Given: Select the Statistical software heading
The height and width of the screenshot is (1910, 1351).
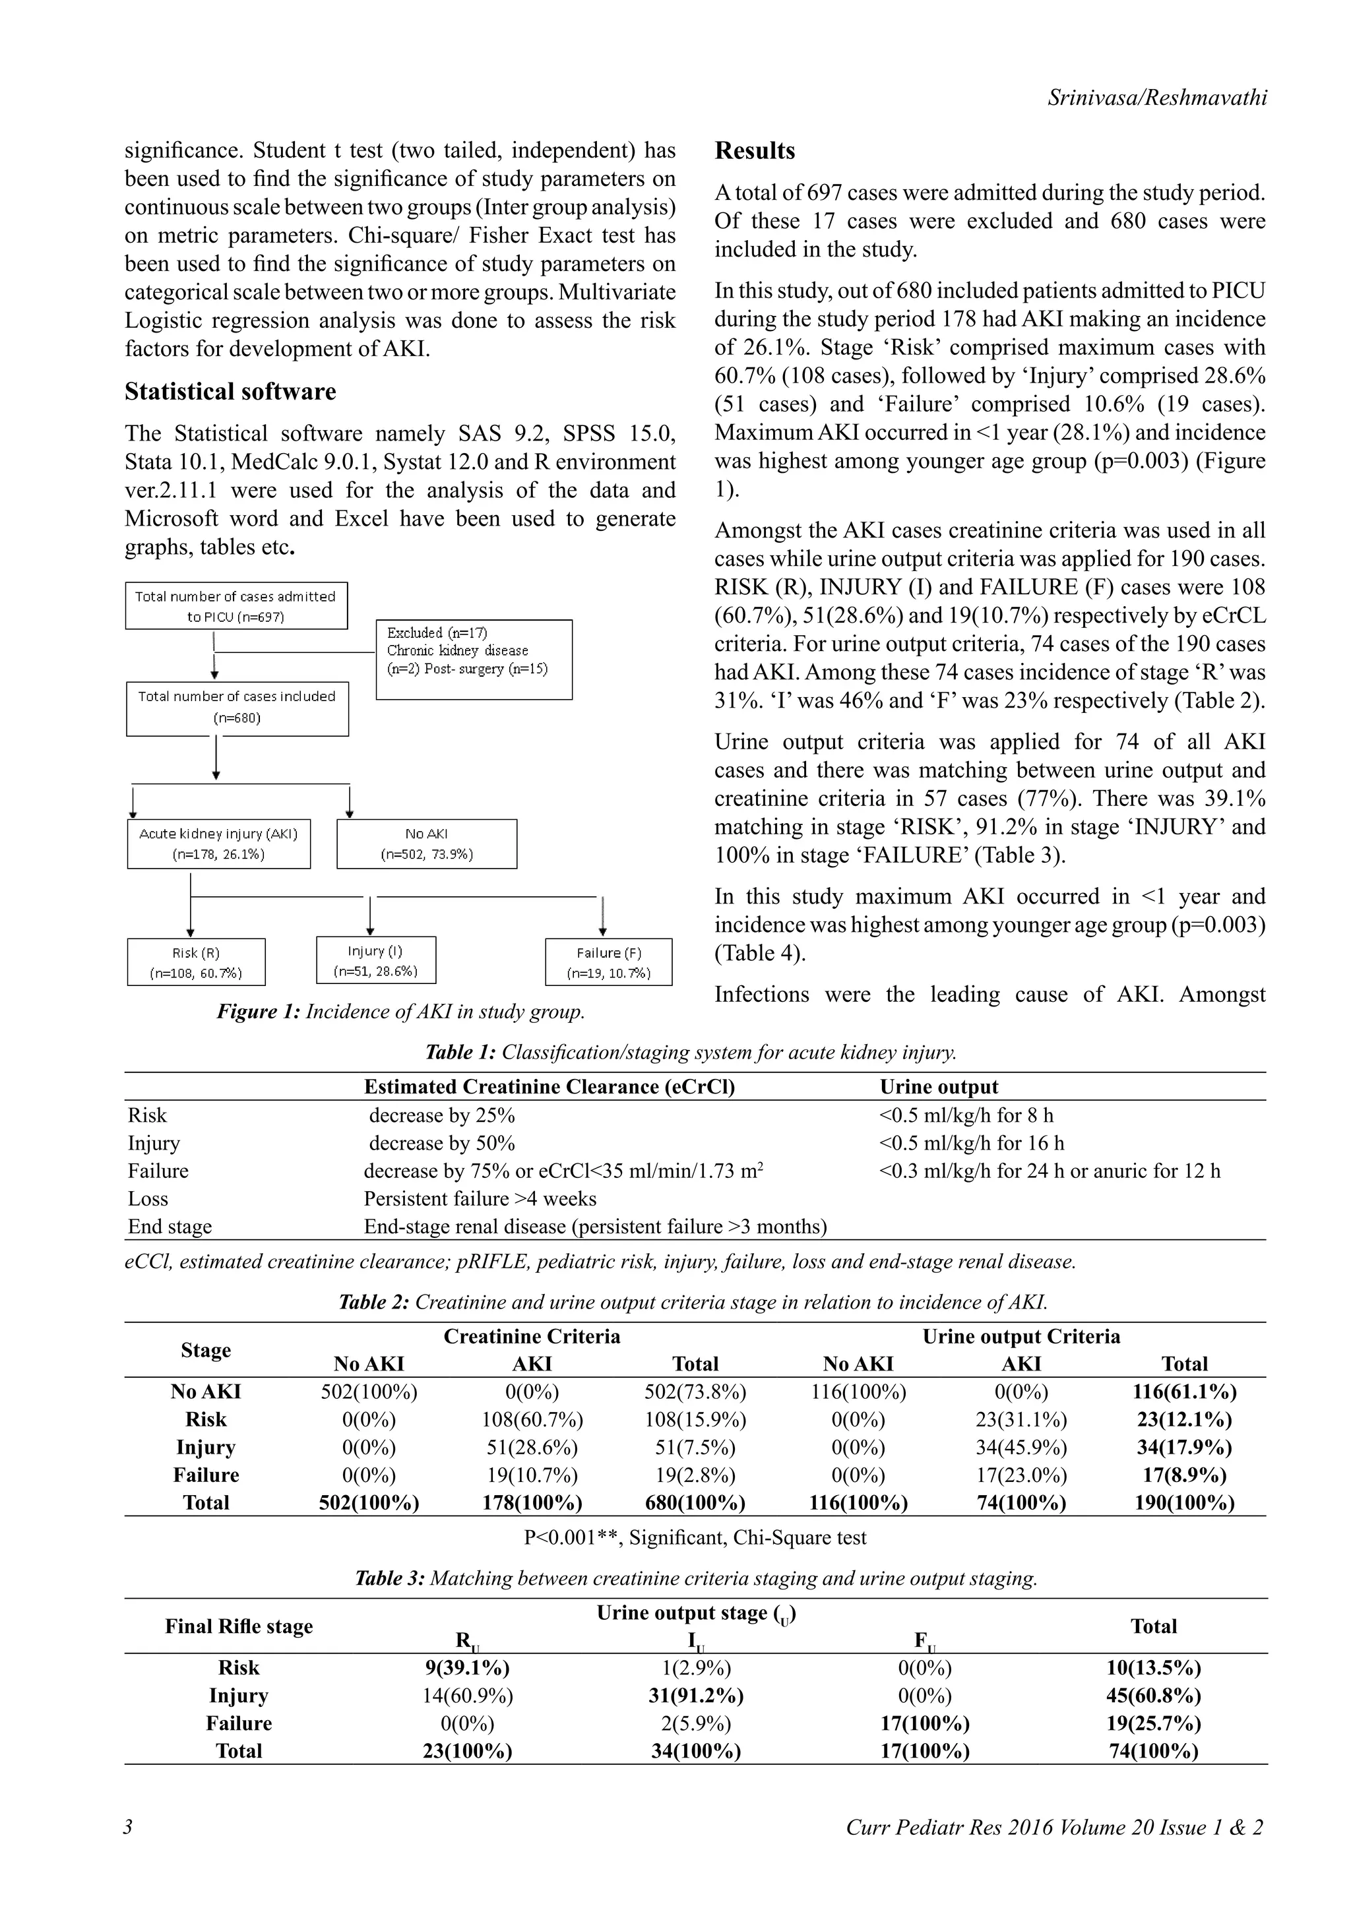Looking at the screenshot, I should point(230,391).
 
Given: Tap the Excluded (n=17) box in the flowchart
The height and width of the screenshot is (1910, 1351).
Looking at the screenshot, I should point(474,658).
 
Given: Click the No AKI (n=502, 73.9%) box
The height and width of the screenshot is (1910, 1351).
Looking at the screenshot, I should point(426,844).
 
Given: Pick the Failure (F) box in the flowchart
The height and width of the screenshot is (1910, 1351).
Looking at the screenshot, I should point(608,962).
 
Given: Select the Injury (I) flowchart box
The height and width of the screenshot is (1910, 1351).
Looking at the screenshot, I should point(375,960).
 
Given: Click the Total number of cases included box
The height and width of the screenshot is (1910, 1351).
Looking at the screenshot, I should point(237,707).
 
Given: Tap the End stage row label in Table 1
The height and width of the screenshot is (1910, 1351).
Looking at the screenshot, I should point(170,1226).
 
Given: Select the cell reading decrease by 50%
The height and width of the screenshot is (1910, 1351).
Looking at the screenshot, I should point(442,1143).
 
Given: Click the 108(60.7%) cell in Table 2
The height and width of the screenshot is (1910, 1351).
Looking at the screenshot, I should point(532,1419).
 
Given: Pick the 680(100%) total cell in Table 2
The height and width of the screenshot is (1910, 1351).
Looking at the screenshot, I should point(695,1502).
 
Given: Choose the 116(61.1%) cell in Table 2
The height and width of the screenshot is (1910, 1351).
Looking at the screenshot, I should point(1184,1392).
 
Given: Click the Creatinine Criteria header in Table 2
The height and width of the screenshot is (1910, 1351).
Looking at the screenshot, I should point(532,1336).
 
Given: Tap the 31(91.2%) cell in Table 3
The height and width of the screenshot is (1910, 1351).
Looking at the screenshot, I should point(695,1696).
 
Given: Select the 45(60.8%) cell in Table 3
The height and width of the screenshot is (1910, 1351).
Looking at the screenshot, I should point(1153,1696).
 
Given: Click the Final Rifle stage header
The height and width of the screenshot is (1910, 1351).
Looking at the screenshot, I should point(239,1626).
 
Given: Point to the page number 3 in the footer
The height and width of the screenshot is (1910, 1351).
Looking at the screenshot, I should point(128,1827).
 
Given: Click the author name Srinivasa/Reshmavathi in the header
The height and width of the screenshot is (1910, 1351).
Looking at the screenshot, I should point(1157,98).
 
